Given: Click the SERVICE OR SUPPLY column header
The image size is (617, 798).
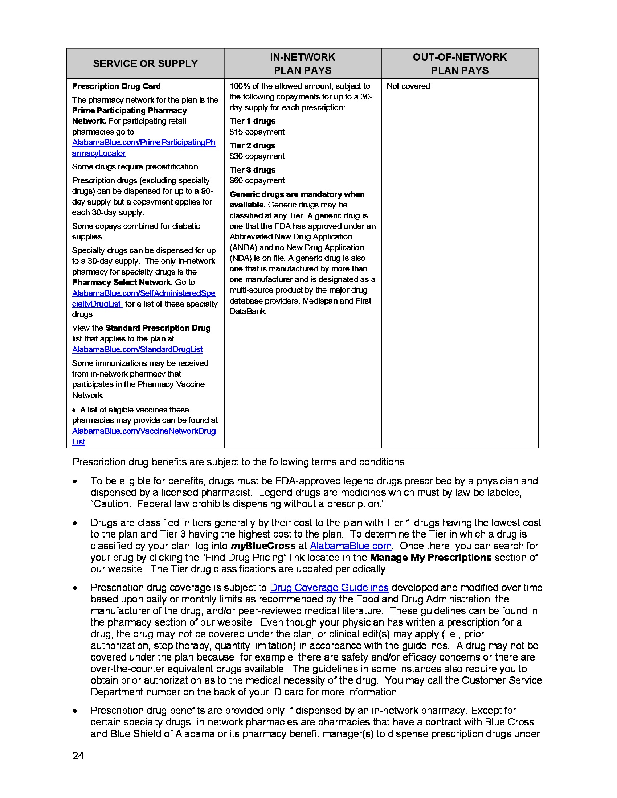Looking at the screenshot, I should pyautogui.click(x=145, y=63).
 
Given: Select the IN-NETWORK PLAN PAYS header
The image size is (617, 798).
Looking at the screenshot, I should pyautogui.click(x=302, y=63).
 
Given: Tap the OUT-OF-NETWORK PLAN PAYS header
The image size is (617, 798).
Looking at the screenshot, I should pyautogui.click(x=459, y=63).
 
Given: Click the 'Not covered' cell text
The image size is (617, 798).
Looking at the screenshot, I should pyautogui.click(x=408, y=86).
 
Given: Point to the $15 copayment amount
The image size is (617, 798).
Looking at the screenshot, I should pyautogui.click(x=257, y=132).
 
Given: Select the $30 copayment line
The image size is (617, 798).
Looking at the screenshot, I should pyautogui.click(x=257, y=156).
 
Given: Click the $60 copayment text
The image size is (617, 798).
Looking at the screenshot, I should pyautogui.click(x=257, y=181).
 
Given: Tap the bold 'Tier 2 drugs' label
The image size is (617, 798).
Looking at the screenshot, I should pyautogui.click(x=252, y=146).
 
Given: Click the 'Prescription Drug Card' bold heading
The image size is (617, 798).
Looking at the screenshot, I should pyautogui.click(x=116, y=86).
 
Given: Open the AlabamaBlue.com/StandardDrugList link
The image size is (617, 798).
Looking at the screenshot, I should pyautogui.click(x=137, y=350).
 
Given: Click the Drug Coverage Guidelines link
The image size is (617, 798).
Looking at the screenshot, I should pyautogui.click(x=329, y=588).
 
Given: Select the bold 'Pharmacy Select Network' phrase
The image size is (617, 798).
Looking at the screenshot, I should pyautogui.click(x=121, y=283).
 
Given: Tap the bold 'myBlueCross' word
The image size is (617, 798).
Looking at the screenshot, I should pyautogui.click(x=263, y=546).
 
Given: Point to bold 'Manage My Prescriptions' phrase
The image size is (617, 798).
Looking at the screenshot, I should pyautogui.click(x=430, y=558).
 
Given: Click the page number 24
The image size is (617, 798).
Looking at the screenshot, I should pyautogui.click(x=78, y=756).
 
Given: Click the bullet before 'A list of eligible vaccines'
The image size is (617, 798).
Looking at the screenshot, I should pyautogui.click(x=74, y=410).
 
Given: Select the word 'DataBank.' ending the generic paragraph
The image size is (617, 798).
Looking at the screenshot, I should pyautogui.click(x=248, y=312).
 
